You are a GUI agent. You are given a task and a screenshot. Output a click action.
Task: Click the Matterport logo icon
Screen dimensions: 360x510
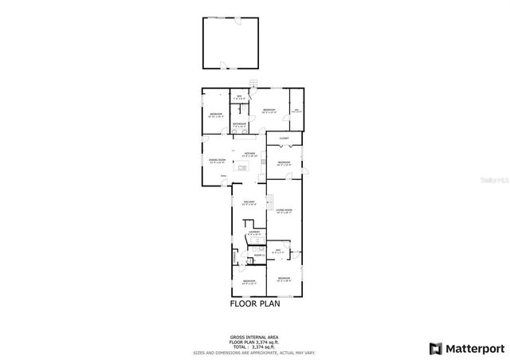click(x=435, y=348)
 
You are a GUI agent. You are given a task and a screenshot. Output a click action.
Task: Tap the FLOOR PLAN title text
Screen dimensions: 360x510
click(x=255, y=303)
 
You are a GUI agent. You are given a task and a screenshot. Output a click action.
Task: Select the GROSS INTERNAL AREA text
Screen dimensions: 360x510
click(x=255, y=338)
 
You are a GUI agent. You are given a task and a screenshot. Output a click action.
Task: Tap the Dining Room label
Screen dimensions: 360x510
click(x=214, y=161)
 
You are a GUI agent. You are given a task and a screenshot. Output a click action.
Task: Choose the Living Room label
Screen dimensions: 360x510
click(x=284, y=211)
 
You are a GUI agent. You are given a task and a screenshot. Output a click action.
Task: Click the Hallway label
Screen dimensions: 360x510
click(x=248, y=203)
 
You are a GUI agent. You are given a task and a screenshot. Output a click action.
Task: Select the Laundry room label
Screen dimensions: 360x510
click(x=253, y=233)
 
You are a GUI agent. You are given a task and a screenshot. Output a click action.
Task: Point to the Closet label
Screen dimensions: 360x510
click(x=284, y=139)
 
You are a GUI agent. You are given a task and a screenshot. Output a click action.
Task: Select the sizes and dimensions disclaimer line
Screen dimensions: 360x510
click(x=255, y=352)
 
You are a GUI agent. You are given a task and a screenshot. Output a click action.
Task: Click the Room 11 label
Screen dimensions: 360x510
click(x=258, y=255)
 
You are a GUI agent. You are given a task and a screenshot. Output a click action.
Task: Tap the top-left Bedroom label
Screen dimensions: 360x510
click(x=215, y=115)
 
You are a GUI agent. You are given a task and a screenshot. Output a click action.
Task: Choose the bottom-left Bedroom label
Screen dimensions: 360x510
click(x=249, y=281)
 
